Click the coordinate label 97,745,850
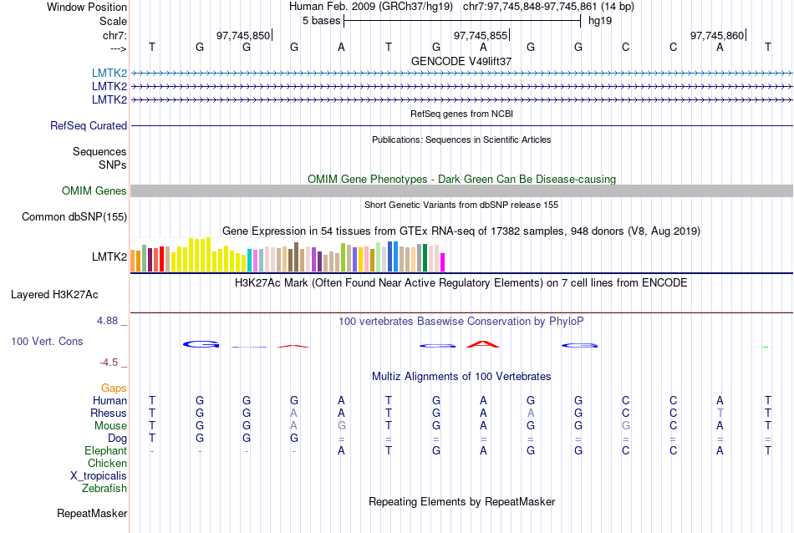(243, 36)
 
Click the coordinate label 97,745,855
(481, 36)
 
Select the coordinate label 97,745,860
(717, 36)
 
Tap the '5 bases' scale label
(321, 20)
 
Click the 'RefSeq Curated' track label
(89, 125)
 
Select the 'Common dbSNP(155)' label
(74, 217)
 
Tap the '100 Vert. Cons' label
(47, 342)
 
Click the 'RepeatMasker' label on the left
(92, 513)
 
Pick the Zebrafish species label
(104, 488)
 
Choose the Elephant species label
(105, 450)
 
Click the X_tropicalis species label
(99, 475)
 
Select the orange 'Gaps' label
(114, 388)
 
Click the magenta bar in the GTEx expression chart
(443, 262)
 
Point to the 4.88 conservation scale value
(108, 321)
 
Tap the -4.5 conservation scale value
(109, 362)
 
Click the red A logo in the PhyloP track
(482, 343)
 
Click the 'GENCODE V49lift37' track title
(461, 61)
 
